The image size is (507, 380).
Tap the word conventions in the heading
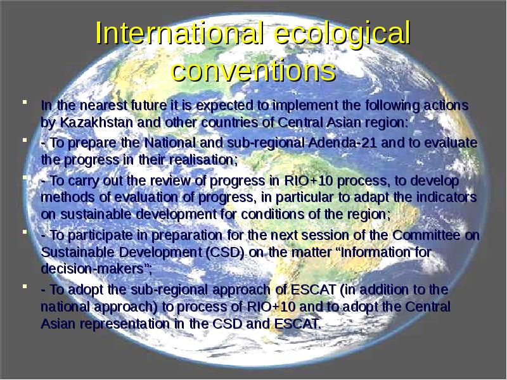[253, 70]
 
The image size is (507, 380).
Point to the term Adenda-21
[342, 142]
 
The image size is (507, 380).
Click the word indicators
[446, 197]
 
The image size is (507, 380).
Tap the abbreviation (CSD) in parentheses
[225, 252]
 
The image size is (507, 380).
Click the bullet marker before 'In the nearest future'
[25, 102]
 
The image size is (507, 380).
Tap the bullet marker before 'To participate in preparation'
[25, 232]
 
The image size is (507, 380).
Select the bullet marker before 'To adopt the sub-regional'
[25, 286]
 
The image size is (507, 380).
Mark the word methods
[68, 197]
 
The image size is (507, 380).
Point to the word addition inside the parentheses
[382, 289]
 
